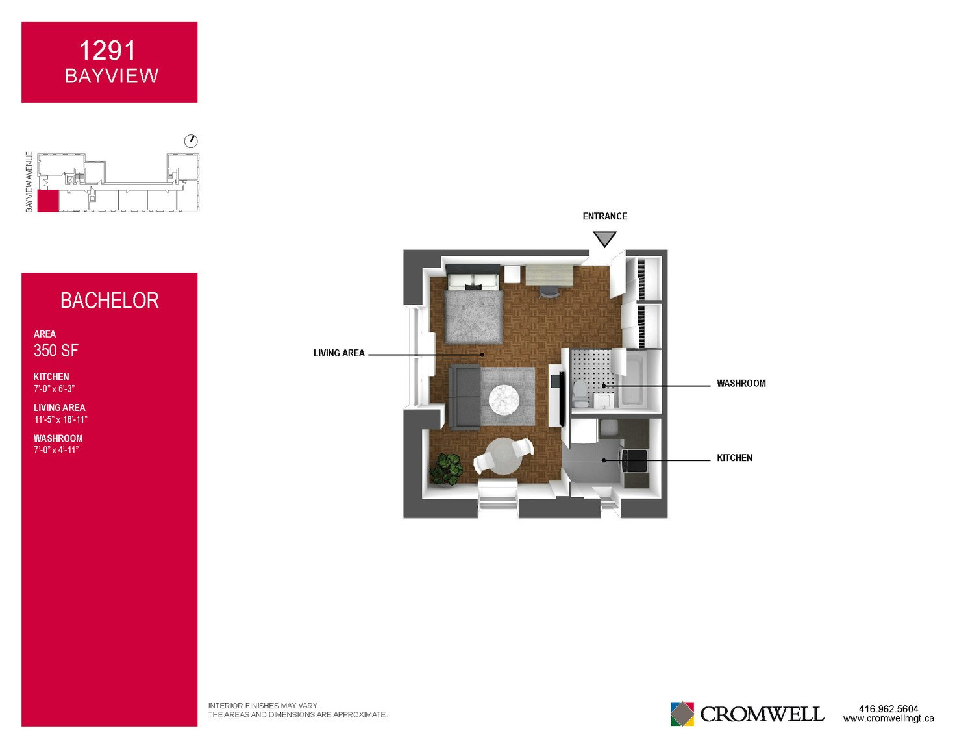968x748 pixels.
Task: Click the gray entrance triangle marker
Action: [x=604, y=238]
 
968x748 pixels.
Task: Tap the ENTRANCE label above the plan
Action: [x=604, y=216]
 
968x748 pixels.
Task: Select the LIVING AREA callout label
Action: [x=338, y=353]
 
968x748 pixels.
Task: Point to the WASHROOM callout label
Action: [x=741, y=383]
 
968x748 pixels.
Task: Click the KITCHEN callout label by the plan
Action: [x=734, y=458]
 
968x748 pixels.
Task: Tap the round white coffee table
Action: [x=504, y=399]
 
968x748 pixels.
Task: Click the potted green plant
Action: [x=446, y=469]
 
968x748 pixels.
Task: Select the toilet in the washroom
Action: [x=580, y=394]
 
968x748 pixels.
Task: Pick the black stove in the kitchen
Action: [x=634, y=460]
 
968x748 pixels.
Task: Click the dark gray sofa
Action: [x=465, y=397]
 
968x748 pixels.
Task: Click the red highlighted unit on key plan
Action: [x=48, y=201]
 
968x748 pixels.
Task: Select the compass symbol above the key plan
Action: [x=191, y=141]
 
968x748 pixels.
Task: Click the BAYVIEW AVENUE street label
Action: [x=29, y=182]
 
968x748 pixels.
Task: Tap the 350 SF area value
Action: [x=56, y=351]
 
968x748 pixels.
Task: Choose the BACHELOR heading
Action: [x=110, y=300]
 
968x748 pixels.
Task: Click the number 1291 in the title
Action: [x=107, y=51]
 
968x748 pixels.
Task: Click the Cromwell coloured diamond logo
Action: [x=682, y=714]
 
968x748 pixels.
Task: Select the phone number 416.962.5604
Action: [x=888, y=708]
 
